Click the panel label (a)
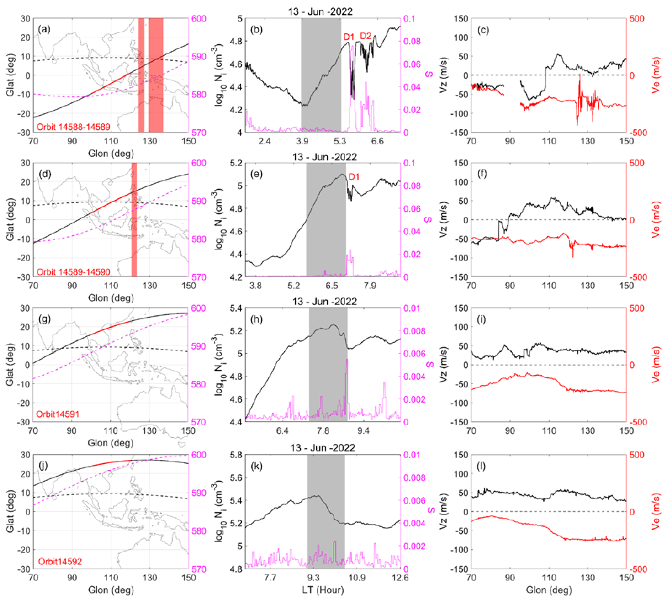coord(44,30)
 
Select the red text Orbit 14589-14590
coord(73,272)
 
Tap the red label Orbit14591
coord(58,414)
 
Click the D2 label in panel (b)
coord(365,36)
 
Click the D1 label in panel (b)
coord(348,37)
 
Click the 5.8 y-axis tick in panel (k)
coord(235,455)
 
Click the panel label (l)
coord(481,466)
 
